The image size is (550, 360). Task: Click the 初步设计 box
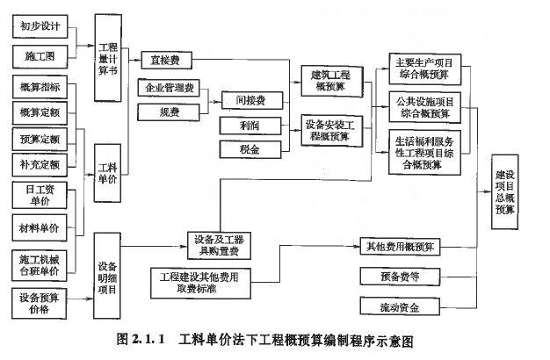(40, 26)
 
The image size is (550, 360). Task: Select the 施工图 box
(40, 57)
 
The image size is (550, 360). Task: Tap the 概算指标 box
(40, 86)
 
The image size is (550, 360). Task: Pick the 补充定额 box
(40, 163)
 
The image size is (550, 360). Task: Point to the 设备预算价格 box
(40, 303)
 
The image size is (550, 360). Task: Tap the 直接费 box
(165, 61)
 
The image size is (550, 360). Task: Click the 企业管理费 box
(171, 90)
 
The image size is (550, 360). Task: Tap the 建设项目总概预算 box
(510, 191)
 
